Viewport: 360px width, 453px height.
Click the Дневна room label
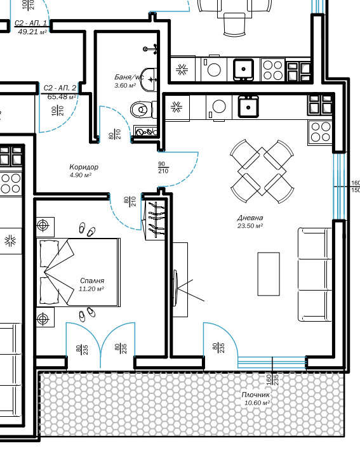coord(250,218)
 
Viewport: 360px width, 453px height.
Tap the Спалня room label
coord(92,280)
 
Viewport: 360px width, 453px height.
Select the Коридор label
coord(84,167)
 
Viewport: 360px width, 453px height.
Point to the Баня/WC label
coord(129,77)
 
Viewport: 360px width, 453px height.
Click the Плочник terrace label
coord(256,395)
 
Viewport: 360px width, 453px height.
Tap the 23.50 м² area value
coord(250,226)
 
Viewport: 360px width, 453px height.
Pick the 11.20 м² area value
coord(91,289)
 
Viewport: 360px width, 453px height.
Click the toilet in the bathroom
coord(143,110)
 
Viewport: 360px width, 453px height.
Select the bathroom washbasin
coord(149,79)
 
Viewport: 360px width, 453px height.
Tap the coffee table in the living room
coord(269,274)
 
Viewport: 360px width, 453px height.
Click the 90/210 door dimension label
coord(163,167)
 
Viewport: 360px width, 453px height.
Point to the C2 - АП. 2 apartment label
coord(60,88)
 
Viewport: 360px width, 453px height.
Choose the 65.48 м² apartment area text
coord(62,96)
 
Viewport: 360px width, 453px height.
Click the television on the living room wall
coord(176,288)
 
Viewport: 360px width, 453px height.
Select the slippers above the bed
coord(87,230)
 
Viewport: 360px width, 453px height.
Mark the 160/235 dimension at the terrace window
coord(272,379)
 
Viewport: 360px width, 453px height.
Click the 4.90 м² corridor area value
coord(81,175)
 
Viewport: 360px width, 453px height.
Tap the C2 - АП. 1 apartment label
coord(30,23)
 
